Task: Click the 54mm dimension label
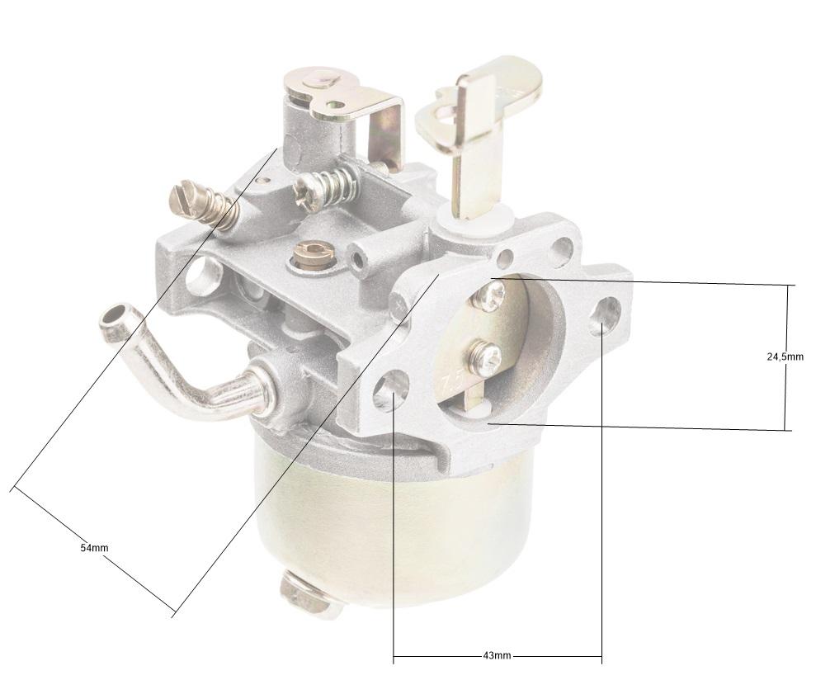pyautogui.click(x=94, y=548)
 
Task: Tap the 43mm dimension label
pyautogui.click(x=497, y=655)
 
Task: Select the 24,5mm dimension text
pyautogui.click(x=785, y=357)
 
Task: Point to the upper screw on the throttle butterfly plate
pyautogui.click(x=492, y=294)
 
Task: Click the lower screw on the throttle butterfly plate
pyautogui.click(x=484, y=357)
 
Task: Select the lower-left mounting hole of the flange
pyautogui.click(x=391, y=390)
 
